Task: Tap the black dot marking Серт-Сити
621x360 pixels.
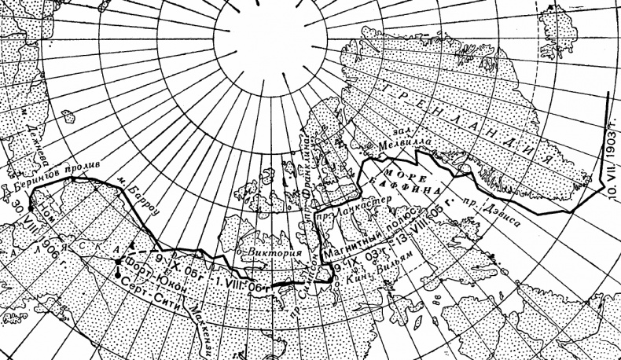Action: [117, 277]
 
